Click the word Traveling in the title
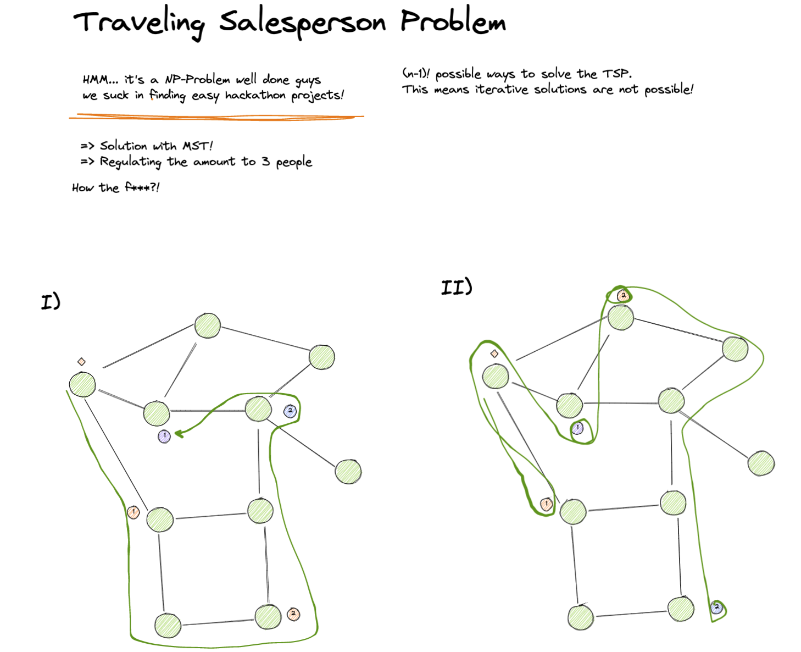click(x=139, y=24)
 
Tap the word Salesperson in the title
click(x=302, y=23)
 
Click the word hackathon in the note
click(x=255, y=95)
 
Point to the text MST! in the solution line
click(x=197, y=146)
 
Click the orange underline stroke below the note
click(x=216, y=117)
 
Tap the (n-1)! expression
click(x=416, y=74)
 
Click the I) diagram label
click(x=51, y=302)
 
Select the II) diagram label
click(x=457, y=287)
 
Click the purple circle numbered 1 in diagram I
click(x=164, y=436)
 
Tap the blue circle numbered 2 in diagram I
click(x=290, y=411)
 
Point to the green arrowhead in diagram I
click(x=179, y=434)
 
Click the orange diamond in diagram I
click(x=81, y=362)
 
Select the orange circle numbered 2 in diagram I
click(x=293, y=614)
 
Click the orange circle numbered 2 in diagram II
click(x=623, y=296)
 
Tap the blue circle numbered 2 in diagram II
click(x=716, y=607)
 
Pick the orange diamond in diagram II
click(x=494, y=353)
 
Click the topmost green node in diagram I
click(x=208, y=325)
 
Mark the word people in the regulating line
click(x=294, y=162)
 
